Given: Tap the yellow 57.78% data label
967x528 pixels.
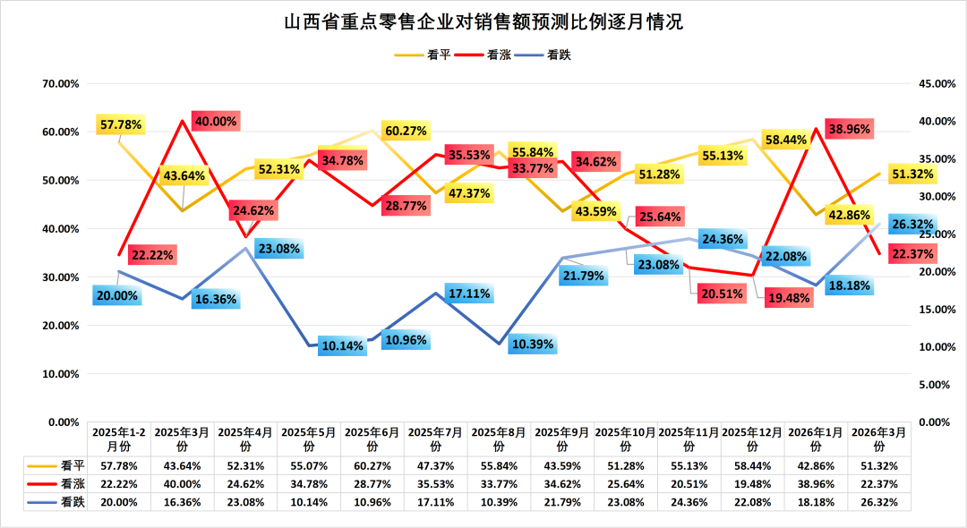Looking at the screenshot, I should point(121,124).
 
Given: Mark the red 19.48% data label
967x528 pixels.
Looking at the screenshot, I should point(788,299).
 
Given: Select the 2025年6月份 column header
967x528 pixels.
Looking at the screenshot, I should point(372,438).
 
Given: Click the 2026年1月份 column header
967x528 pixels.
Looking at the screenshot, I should point(817,438).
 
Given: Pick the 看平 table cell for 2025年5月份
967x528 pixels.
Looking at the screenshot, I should point(309,465).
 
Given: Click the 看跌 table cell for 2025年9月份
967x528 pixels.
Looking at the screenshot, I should point(562,502).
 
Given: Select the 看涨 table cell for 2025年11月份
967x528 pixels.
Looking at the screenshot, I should point(689,483).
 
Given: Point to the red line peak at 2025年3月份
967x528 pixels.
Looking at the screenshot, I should point(183,120).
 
